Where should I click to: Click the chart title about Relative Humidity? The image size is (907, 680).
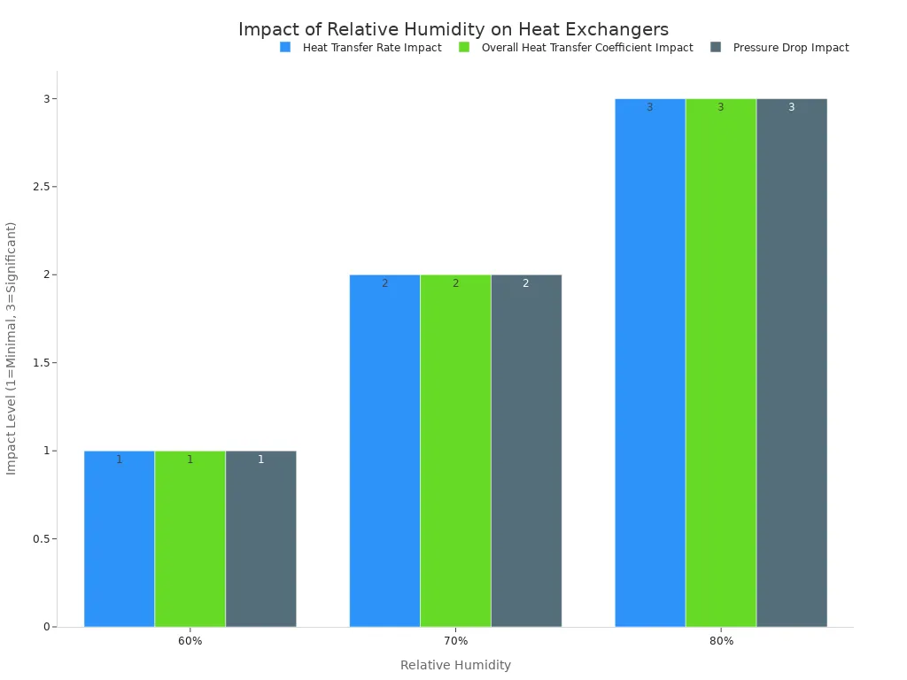453,30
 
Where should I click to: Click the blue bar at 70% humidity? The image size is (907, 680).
384,451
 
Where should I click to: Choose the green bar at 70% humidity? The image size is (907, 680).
455,451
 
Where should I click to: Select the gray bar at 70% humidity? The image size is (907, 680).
526,451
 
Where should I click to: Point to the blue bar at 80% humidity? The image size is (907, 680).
649,363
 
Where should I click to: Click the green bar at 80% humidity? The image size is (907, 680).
720,363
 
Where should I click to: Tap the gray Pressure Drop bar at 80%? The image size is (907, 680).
791,363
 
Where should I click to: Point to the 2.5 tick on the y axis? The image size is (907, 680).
37,187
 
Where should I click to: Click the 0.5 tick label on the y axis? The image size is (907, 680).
37,539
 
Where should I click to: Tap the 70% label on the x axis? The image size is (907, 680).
455,641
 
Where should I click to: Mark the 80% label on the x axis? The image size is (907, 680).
721,641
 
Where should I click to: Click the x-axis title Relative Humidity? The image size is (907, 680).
455,665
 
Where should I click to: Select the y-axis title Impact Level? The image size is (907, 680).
12,348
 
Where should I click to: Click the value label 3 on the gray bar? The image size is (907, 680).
791,107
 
